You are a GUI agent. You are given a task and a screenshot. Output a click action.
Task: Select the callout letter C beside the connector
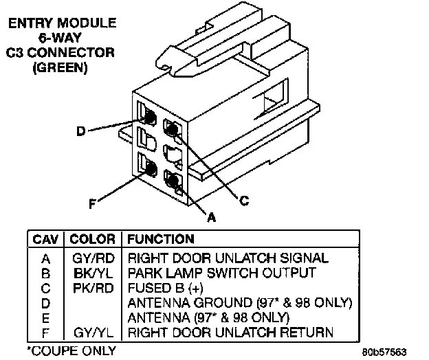coord(243,201)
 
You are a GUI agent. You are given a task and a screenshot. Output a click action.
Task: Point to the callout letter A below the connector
coord(211,217)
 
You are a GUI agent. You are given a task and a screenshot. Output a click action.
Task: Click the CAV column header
coord(45,239)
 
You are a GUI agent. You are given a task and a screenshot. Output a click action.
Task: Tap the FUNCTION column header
coord(160,239)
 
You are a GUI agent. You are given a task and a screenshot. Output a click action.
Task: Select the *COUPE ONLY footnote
coord(62,350)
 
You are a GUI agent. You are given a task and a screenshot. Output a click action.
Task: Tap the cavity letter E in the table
coord(45,317)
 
